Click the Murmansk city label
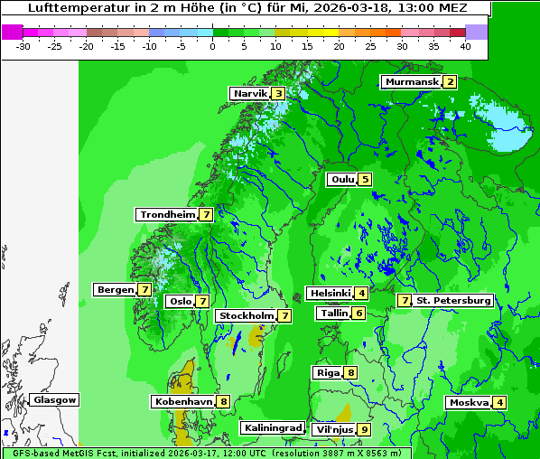coord(412,82)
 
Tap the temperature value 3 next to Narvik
coord(279,93)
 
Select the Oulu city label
coord(342,179)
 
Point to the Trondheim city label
coord(167,214)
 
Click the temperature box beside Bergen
coord(145,289)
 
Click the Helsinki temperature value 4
coord(361,293)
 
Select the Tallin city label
coord(333,313)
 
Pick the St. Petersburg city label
coord(453,300)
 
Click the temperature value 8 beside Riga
coord(350,372)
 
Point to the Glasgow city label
coord(54,399)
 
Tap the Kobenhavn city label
coord(182,401)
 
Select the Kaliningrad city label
coord(272,427)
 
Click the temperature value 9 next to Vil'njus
coord(364,429)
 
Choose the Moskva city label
coord(469,402)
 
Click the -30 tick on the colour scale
coord(24,46)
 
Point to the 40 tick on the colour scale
coord(465,46)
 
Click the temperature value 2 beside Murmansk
coord(449,82)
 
